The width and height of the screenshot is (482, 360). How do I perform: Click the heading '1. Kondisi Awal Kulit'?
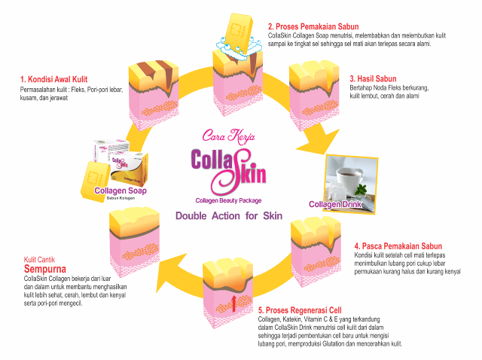(x=55, y=78)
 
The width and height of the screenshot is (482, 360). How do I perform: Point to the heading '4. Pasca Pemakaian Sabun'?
(x=398, y=246)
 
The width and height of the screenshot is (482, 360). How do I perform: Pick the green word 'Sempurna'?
(x=46, y=269)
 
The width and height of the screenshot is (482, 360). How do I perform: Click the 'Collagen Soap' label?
(x=120, y=191)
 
